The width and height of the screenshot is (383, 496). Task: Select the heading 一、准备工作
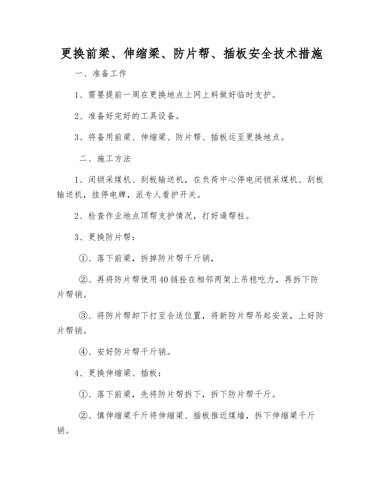(101, 74)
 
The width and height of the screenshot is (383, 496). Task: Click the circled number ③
(83, 316)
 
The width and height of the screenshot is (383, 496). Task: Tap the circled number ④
(83, 352)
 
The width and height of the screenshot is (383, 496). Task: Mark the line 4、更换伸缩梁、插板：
(119, 373)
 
